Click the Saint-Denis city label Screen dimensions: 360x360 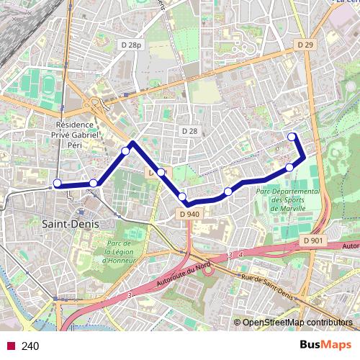coord(71,224)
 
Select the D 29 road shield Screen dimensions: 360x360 coord(305,45)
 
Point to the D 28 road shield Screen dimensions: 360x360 coord(189,130)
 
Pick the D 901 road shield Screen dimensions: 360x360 coord(313,240)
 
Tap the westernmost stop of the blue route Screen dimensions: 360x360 coord(58,183)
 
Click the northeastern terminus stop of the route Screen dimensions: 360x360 coord(292,137)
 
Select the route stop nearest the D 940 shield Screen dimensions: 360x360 coord(182,197)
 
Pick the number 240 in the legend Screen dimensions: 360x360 coord(30,346)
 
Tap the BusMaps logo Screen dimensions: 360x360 coord(326,345)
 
